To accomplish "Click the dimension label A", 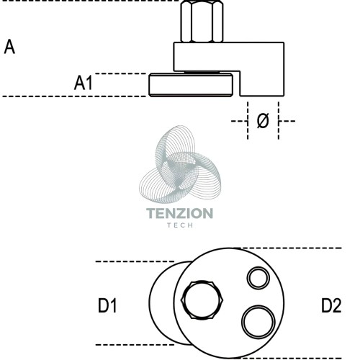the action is pyautogui.click(x=9, y=47).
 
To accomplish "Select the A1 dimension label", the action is pyautogui.click(x=84, y=83).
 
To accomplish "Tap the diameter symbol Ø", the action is pyautogui.click(x=263, y=120).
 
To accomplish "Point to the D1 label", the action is pyautogui.click(x=107, y=305).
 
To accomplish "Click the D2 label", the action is pyautogui.click(x=331, y=305).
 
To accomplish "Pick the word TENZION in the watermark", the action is pyautogui.click(x=179, y=213).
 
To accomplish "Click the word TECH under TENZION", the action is pyautogui.click(x=180, y=225).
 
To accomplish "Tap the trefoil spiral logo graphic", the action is pyautogui.click(x=180, y=164).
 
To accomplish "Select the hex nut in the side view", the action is pyautogui.click(x=202, y=22).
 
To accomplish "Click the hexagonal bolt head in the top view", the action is pyautogui.click(x=202, y=300).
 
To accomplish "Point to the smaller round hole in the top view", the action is pyautogui.click(x=258, y=278).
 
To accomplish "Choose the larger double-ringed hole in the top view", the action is pyautogui.click(x=258, y=322).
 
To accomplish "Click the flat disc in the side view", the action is pyautogui.click(x=191, y=85).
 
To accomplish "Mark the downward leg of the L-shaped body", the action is pyautogui.click(x=262, y=84).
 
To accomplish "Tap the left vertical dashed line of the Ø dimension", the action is pyautogui.click(x=248, y=120).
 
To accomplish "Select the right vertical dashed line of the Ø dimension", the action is pyautogui.click(x=279, y=120).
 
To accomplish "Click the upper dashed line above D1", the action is pyautogui.click(x=135, y=261).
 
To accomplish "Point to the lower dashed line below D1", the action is pyautogui.click(x=135, y=345).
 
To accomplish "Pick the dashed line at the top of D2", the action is pyautogui.click(x=288, y=248).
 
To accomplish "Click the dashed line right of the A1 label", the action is pyautogui.click(x=121, y=73).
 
